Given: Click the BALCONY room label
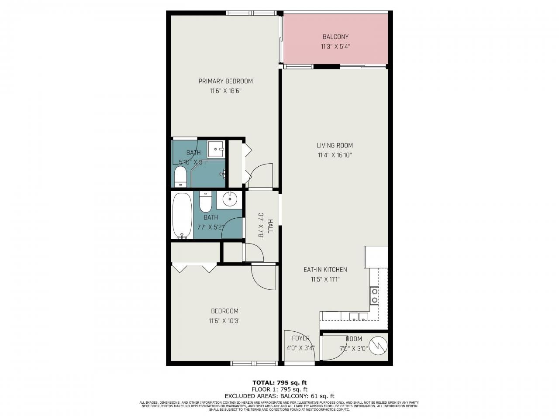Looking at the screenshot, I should pyautogui.click(x=335, y=37).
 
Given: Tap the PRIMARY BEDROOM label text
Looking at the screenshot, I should pyautogui.click(x=225, y=81).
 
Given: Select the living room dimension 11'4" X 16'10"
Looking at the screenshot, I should pyautogui.click(x=335, y=155).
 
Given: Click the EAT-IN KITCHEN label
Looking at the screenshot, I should pyautogui.click(x=325, y=270).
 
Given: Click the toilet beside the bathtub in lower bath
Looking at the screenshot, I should pyautogui.click(x=206, y=202).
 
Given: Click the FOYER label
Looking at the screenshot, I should pyautogui.click(x=300, y=338).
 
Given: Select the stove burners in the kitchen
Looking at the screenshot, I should pyautogui.click(x=374, y=295).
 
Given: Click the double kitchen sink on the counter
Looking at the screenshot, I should pyautogui.click(x=358, y=317).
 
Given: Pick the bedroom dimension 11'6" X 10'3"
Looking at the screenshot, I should pyautogui.click(x=225, y=321).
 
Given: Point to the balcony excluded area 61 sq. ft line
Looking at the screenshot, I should pyautogui.click(x=279, y=396).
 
